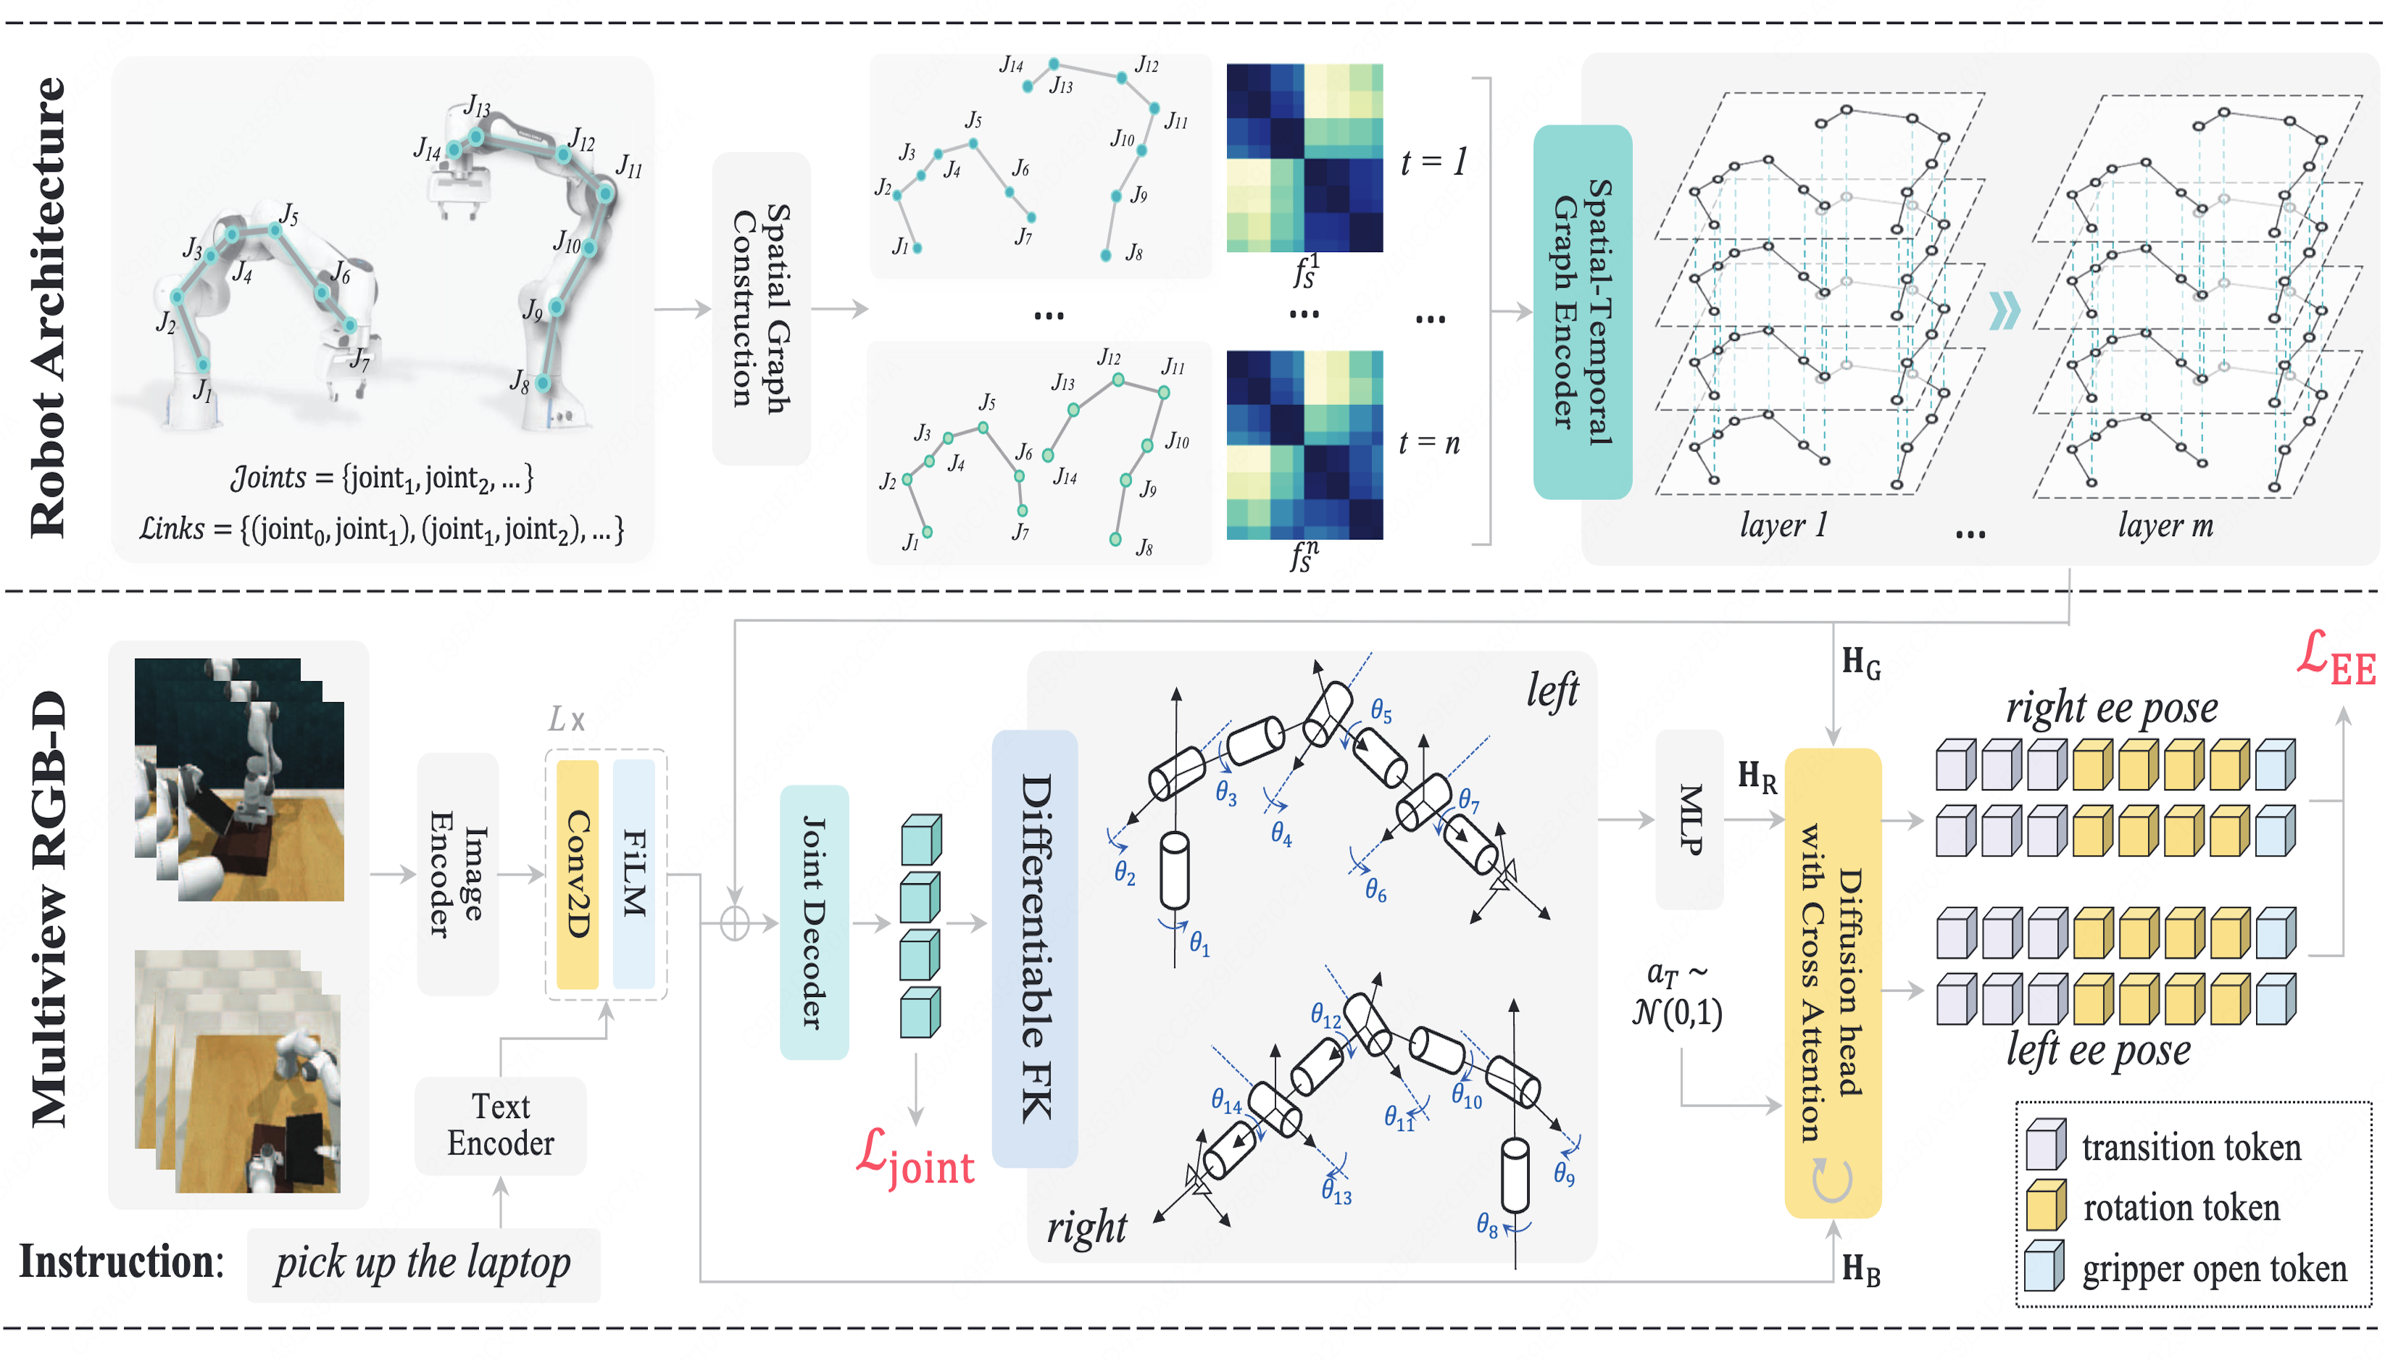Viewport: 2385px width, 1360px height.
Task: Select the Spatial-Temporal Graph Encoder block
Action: click(x=1581, y=311)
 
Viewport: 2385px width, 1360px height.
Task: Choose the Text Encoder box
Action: click(x=500, y=1125)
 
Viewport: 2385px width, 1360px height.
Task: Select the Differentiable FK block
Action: click(x=1034, y=948)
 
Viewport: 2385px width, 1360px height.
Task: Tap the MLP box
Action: click(x=1689, y=819)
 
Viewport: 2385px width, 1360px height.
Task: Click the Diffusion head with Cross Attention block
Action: click(x=1831, y=981)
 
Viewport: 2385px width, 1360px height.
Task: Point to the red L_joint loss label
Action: click(x=915, y=1161)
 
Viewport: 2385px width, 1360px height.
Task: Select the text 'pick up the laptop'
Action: click(x=423, y=1264)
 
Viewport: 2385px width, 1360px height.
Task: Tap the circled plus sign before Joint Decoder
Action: click(x=735, y=924)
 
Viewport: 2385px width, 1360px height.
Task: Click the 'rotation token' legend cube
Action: click(x=2046, y=1206)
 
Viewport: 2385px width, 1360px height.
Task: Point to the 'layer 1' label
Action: click(x=1783, y=525)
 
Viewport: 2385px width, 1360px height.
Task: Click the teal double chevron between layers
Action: click(x=2004, y=311)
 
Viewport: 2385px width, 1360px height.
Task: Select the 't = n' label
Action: click(x=1428, y=443)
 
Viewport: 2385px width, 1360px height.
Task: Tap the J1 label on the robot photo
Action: click(x=201, y=391)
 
